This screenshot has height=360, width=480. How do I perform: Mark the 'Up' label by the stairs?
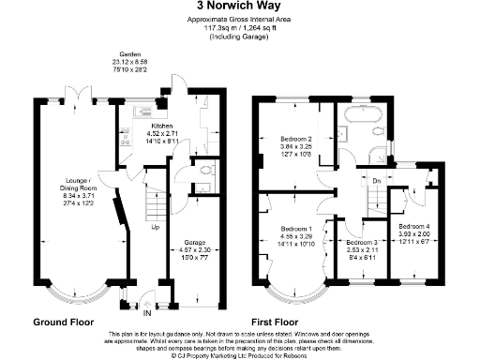155,227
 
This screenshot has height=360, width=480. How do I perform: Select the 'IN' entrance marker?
145,314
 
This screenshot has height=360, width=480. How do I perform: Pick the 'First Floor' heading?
280,321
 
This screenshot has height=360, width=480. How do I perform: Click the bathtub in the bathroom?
362,119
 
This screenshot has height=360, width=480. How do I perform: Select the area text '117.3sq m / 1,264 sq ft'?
239,29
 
